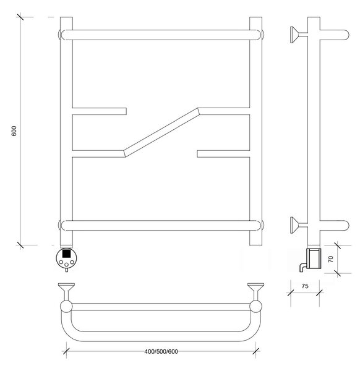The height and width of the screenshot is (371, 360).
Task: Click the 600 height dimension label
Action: tap(14, 131)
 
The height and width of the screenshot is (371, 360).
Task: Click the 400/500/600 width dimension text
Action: tap(161, 351)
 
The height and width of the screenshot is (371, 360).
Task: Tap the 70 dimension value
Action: tap(331, 259)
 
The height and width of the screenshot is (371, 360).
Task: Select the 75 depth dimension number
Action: tap(305, 286)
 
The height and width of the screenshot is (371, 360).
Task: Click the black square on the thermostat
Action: tap(67, 253)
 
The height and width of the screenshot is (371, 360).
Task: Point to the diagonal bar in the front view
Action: tap(161, 132)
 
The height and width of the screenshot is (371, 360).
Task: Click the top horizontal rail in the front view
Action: tap(161, 35)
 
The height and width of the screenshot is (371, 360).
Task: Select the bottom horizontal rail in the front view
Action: tap(161, 226)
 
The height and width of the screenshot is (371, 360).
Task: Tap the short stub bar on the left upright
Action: tap(99, 111)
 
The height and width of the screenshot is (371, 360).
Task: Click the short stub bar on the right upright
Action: tap(223, 154)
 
